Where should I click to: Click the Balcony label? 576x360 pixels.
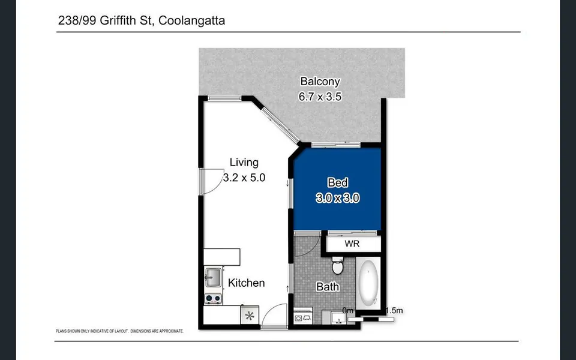pyautogui.click(x=320, y=82)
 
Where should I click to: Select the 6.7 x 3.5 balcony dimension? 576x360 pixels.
pyautogui.click(x=320, y=96)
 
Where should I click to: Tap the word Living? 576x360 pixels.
pyautogui.click(x=244, y=163)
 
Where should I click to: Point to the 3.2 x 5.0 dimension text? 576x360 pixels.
pyautogui.click(x=244, y=178)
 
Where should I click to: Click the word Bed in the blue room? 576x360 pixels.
pyautogui.click(x=337, y=183)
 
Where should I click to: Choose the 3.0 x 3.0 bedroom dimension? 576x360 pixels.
pyautogui.click(x=337, y=198)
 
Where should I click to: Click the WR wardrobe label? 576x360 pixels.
pyautogui.click(x=352, y=244)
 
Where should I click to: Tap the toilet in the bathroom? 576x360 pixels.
pyautogui.click(x=337, y=264)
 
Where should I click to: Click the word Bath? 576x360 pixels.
pyautogui.click(x=328, y=287)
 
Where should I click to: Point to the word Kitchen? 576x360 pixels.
pyautogui.click(x=246, y=283)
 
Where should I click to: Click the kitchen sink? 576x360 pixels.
pyautogui.click(x=213, y=277)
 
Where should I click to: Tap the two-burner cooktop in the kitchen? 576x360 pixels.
pyautogui.click(x=213, y=298)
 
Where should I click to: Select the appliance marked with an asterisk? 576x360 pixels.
pyautogui.click(x=250, y=315)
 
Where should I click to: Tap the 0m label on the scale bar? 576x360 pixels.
pyautogui.click(x=349, y=310)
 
